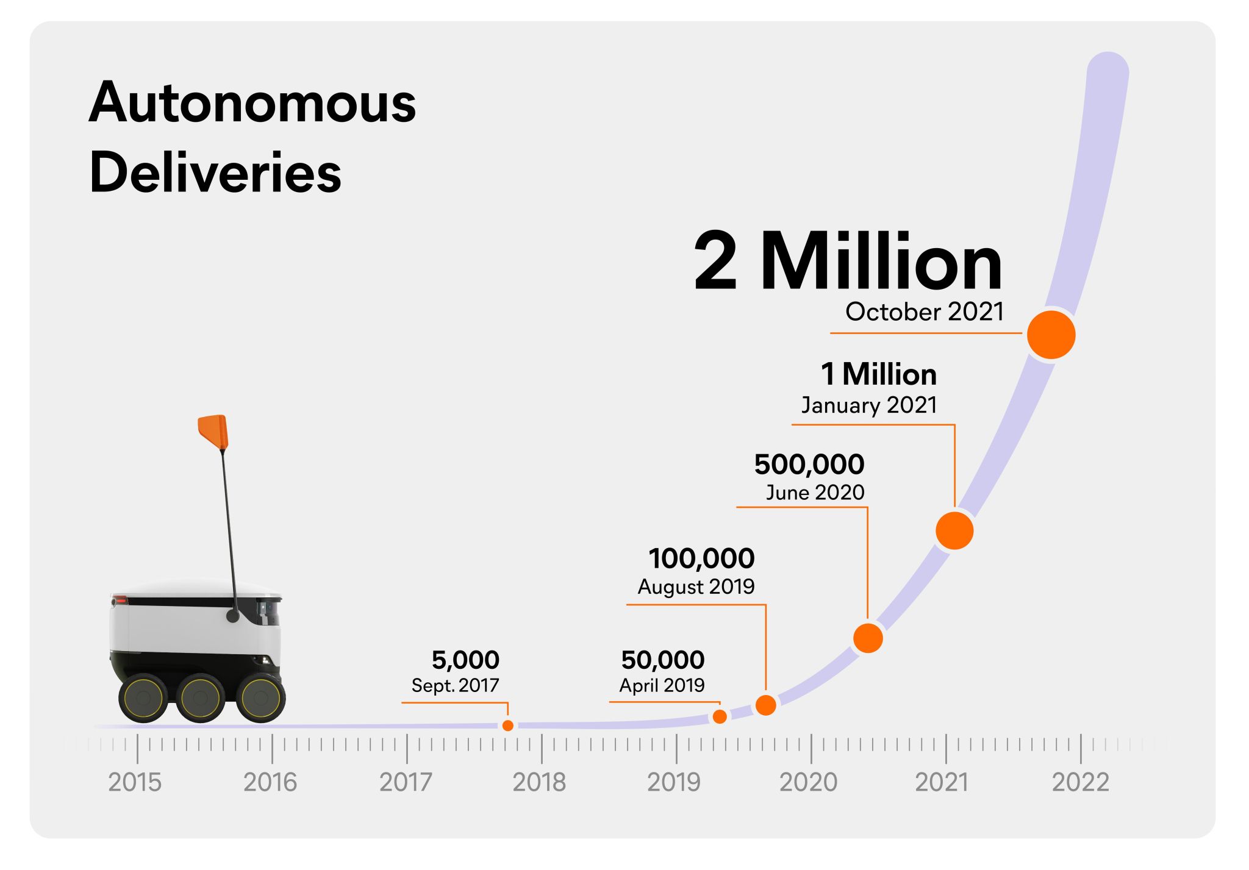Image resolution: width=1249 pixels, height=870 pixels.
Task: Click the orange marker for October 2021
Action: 1050,335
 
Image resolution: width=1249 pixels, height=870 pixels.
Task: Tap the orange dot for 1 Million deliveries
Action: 954,530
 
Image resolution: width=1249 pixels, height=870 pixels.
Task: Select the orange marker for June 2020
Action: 867,638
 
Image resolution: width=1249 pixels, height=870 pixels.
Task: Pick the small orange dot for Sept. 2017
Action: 507,725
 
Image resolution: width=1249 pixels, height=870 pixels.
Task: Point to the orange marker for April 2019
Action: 720,716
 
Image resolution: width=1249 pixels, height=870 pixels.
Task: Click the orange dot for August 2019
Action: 765,705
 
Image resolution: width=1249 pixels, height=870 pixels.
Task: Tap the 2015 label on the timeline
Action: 135,782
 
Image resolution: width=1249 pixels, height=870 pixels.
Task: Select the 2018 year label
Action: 539,782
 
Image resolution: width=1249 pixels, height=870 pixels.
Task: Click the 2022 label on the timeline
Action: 1080,782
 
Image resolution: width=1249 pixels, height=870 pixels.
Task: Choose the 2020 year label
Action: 809,782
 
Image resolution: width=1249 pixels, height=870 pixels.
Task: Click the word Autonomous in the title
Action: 252,102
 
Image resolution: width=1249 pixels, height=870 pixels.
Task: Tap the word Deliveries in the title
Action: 215,173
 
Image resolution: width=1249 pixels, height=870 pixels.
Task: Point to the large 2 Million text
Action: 848,262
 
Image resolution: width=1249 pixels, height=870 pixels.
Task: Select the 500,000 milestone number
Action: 809,465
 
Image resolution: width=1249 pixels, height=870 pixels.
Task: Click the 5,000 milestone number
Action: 465,660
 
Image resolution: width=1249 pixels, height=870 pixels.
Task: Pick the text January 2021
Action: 868,405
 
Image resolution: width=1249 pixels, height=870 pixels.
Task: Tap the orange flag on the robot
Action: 213,430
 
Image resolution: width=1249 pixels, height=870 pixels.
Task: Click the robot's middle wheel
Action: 200,698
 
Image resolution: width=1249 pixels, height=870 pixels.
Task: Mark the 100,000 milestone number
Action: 701,558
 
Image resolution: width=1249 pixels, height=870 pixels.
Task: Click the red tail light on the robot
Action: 120,601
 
